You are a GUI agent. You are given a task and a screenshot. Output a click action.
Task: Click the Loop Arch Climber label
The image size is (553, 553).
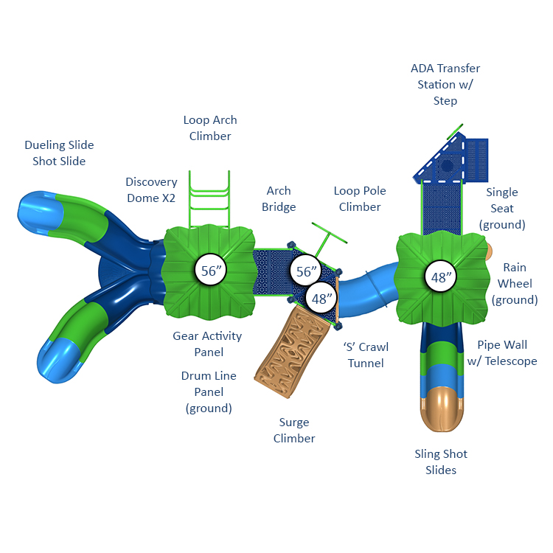[x=210, y=128]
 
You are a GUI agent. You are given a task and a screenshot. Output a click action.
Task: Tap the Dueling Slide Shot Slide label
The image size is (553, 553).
[x=59, y=153]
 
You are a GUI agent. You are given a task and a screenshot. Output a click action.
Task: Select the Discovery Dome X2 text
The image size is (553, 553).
[x=151, y=189]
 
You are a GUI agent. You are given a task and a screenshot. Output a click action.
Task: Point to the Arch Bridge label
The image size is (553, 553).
[x=279, y=198]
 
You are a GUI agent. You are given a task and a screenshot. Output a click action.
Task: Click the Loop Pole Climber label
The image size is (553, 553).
[x=360, y=198]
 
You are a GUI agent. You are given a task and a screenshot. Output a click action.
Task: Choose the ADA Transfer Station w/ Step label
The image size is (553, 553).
[x=445, y=84]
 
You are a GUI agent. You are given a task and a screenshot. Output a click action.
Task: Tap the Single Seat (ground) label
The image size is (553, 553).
[x=502, y=208]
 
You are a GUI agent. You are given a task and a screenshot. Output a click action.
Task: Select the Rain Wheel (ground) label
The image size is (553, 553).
[x=515, y=283]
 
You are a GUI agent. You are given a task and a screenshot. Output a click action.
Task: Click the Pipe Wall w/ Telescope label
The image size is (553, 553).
[x=502, y=352]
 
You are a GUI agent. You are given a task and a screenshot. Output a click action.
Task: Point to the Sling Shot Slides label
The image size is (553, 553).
[x=441, y=462]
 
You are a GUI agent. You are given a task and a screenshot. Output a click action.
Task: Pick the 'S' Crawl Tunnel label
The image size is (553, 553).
[x=366, y=355]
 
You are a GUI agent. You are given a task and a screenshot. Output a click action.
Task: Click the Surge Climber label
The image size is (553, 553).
[x=294, y=430]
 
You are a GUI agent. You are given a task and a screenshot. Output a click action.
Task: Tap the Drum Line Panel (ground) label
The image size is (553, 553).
[x=209, y=392]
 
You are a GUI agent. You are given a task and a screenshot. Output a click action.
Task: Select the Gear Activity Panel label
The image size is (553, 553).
[x=207, y=344]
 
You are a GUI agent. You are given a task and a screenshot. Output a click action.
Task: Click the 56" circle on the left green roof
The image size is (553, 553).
[x=211, y=270]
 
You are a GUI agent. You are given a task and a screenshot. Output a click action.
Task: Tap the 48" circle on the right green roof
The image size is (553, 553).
[x=441, y=276]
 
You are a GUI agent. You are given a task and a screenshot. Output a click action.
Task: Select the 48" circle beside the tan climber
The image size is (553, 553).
[x=321, y=299]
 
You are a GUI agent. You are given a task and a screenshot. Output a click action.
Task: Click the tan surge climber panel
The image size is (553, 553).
[x=292, y=351]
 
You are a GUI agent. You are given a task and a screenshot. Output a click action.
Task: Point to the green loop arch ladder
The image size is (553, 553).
[x=209, y=199]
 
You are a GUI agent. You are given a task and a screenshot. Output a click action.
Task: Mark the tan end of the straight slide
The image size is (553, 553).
[x=442, y=409]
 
